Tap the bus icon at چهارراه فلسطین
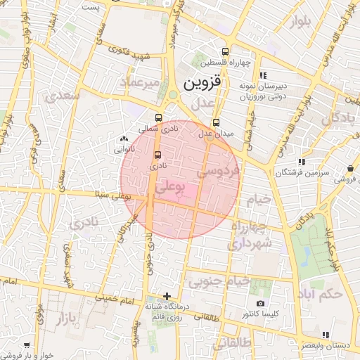225,51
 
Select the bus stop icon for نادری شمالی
157,118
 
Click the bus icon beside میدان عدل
215,122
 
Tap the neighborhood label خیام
258,200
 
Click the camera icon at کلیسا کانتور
261,303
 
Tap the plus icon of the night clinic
167,296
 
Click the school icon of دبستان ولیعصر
324,335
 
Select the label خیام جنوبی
219,281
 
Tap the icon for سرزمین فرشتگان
302,162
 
